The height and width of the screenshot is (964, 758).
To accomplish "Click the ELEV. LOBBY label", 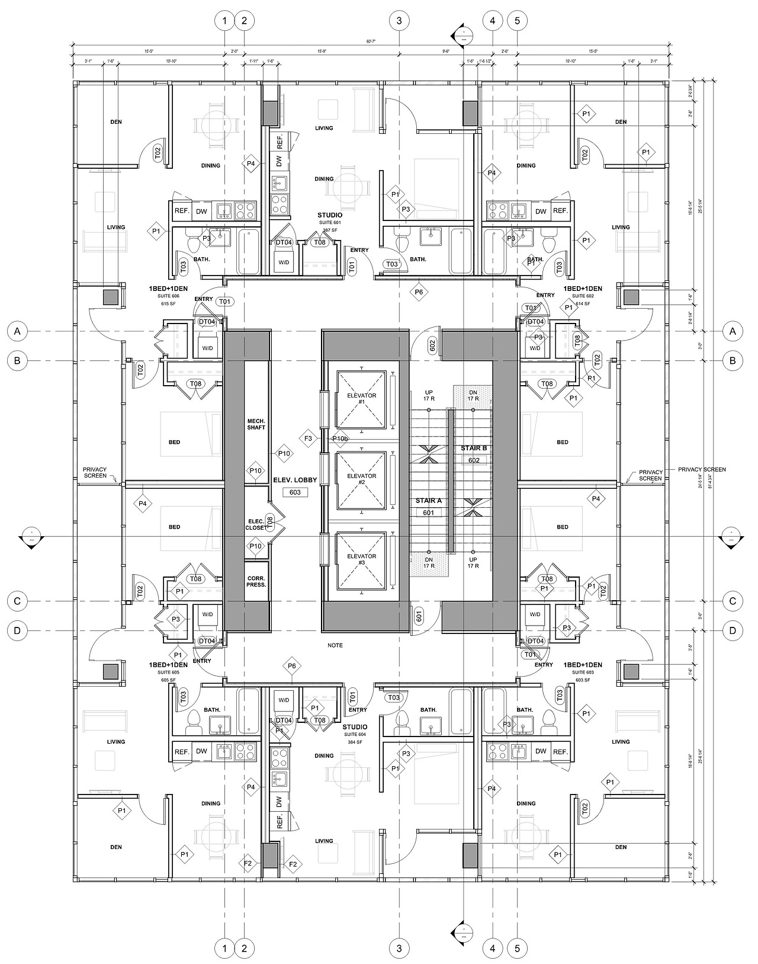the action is pyautogui.click(x=295, y=480).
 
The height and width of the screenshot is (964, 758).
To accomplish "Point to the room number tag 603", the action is pyautogui.click(x=295, y=492).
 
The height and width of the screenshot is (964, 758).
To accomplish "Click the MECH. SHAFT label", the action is pyautogui.click(x=256, y=424).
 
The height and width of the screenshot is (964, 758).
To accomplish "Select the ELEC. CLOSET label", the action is pyautogui.click(x=255, y=524).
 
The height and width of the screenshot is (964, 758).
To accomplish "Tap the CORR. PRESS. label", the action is pyautogui.click(x=256, y=581).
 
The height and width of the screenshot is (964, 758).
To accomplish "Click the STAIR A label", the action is pyautogui.click(x=428, y=501).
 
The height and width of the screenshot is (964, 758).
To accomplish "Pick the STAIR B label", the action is pyautogui.click(x=474, y=448).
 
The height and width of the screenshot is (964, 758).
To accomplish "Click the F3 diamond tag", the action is pyautogui.click(x=308, y=438).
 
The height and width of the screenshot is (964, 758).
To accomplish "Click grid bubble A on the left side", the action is pyautogui.click(x=18, y=332).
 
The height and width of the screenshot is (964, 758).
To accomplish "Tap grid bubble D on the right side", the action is pyautogui.click(x=733, y=630).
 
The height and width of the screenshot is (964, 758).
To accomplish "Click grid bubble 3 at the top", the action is pyautogui.click(x=399, y=21).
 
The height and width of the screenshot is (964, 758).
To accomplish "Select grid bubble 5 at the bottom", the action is pyautogui.click(x=518, y=948).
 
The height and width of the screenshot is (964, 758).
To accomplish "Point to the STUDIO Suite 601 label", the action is pyautogui.click(x=330, y=215).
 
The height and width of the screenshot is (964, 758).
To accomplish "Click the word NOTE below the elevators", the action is pyautogui.click(x=335, y=645).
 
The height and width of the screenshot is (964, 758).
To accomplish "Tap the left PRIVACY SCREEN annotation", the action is pyautogui.click(x=95, y=472).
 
